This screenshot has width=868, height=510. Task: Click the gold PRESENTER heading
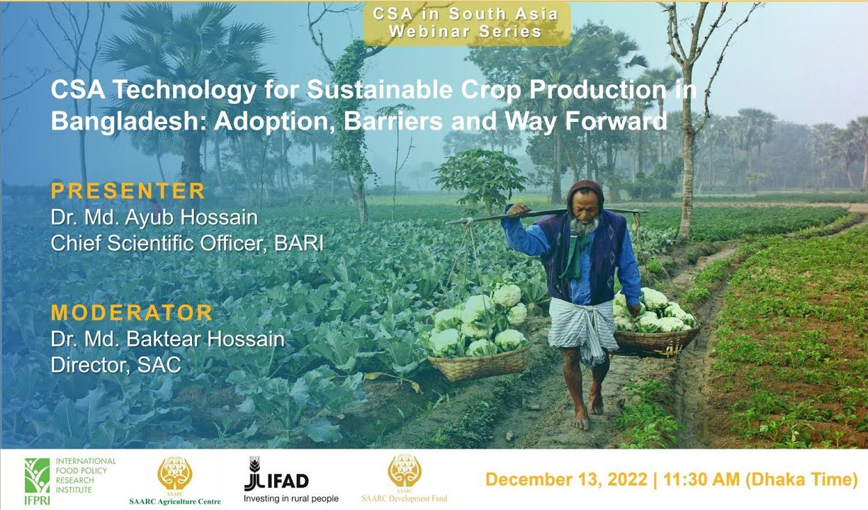(x=128, y=191)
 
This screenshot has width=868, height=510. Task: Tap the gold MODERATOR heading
(x=132, y=313)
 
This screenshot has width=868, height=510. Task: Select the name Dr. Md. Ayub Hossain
(x=154, y=217)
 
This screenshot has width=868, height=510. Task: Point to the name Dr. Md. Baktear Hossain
(x=168, y=339)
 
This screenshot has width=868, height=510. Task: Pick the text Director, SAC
(x=116, y=364)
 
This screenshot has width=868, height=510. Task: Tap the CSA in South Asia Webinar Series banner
(x=466, y=23)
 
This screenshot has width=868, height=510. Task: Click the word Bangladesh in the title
(x=126, y=121)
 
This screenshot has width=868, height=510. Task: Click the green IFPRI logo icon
(x=37, y=475)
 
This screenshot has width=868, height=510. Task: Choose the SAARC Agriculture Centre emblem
(x=175, y=472)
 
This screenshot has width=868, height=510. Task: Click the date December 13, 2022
(x=566, y=480)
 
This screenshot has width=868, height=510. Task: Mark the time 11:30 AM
(x=701, y=480)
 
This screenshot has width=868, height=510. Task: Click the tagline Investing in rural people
(x=291, y=499)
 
